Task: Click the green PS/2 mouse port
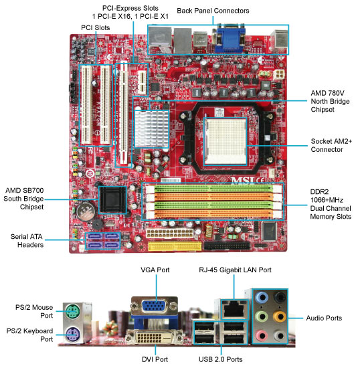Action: pyautogui.click(x=72, y=311)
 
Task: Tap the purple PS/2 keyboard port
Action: pyautogui.click(x=72, y=335)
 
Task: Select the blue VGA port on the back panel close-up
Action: pyautogui.click(x=155, y=306)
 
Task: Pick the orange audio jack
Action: pyautogui.click(x=280, y=316)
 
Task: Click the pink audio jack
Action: pyautogui.click(x=262, y=335)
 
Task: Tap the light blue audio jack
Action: pyautogui.click(x=262, y=297)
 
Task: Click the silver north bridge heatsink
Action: pyautogui.click(x=151, y=128)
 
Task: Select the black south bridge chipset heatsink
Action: pyautogui.click(x=112, y=199)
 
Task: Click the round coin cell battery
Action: pyautogui.click(x=86, y=211)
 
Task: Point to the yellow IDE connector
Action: pyautogui.click(x=175, y=247)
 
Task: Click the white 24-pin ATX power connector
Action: pyautogui.click(x=169, y=233)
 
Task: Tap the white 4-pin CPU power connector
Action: pyautogui.click(x=280, y=74)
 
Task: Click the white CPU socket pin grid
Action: pyautogui.click(x=226, y=141)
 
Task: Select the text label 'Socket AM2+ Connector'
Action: pyautogui.click(x=331, y=145)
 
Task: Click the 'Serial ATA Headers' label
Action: pyautogui.click(x=27, y=241)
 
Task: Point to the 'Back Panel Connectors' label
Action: pyautogui.click(x=213, y=11)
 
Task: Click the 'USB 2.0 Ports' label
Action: pyautogui.click(x=220, y=359)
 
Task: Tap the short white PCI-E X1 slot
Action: pyautogui.click(x=143, y=82)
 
